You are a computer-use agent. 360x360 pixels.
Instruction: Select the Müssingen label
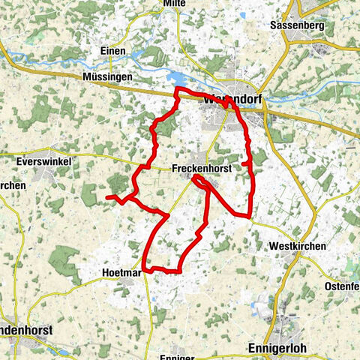[x=108, y=76]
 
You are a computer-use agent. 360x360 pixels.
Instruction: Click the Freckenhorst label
[x=201, y=169]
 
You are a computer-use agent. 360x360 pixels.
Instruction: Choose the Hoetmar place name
[x=121, y=272]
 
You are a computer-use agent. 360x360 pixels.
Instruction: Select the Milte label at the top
[x=174, y=4]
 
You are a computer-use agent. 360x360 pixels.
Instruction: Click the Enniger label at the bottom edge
[x=178, y=356]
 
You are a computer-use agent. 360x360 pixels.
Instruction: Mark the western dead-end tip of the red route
[x=106, y=196]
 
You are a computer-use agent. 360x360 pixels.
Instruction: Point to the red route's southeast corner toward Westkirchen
[x=248, y=216]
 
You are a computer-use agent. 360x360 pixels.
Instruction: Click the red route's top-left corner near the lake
[x=177, y=89]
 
